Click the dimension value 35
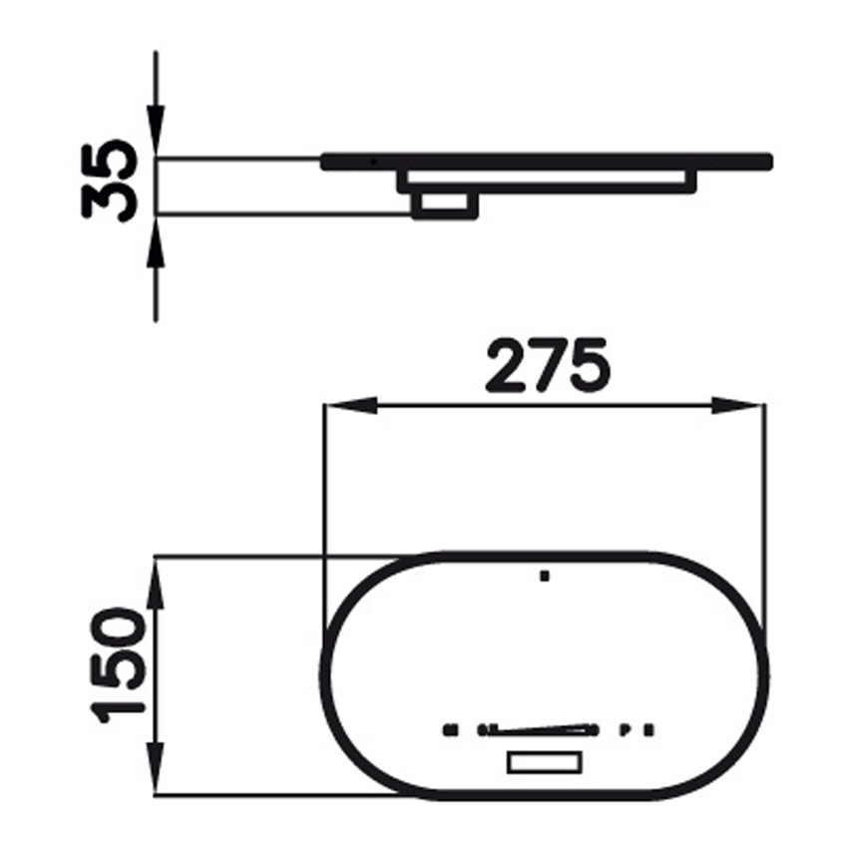click(110, 181)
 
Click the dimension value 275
click(548, 365)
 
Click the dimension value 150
click(118, 664)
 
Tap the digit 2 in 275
click(506, 365)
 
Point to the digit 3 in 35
click(110, 202)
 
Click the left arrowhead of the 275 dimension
click(350, 406)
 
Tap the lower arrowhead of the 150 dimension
click(157, 768)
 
